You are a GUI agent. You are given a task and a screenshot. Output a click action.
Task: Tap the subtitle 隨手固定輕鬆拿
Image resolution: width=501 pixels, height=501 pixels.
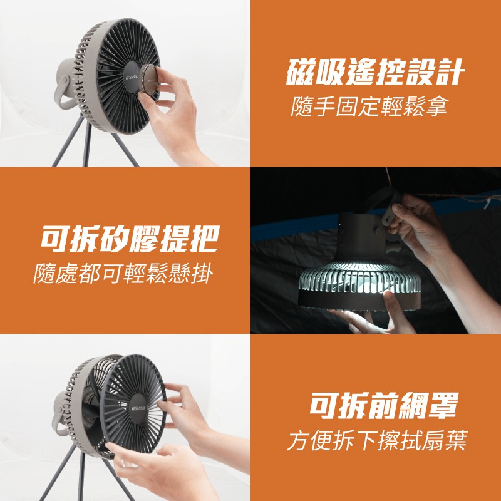(x=369, y=106)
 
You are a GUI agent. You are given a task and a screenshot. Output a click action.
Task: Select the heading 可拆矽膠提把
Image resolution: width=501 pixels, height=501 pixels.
(x=130, y=239)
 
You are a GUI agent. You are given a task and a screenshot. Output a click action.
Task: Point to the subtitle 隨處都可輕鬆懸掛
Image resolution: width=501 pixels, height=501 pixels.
(x=123, y=274)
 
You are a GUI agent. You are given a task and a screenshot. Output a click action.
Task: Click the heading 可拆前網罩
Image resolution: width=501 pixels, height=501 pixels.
(x=383, y=405)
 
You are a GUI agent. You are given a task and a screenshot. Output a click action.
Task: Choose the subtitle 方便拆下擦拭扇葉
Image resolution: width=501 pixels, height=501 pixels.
(x=377, y=440)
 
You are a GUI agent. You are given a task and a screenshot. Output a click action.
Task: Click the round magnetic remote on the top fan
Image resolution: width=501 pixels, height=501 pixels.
(x=148, y=80)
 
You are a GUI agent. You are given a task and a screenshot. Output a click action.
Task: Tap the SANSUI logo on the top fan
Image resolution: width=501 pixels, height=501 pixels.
(x=132, y=77)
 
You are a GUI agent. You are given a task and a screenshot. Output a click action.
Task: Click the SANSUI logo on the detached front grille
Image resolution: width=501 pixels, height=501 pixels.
(x=138, y=408)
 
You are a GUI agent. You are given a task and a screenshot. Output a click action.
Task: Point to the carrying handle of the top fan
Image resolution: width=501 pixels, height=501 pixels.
(x=62, y=93)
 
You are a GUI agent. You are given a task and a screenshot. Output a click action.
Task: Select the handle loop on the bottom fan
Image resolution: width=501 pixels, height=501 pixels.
(x=59, y=421)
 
